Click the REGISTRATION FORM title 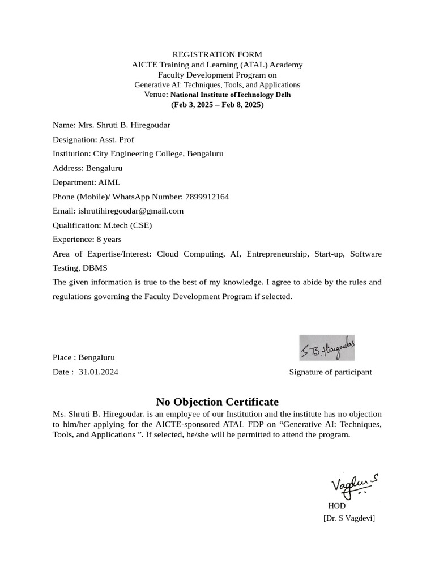[217, 54]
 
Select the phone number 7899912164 [207, 197]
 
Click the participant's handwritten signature [327, 348]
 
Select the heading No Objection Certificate [217, 402]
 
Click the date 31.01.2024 [99, 372]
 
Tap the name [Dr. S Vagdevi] [349, 518]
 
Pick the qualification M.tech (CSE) [127, 225]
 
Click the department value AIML [109, 182]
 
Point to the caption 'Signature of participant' [330, 372]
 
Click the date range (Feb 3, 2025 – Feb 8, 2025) [217, 105]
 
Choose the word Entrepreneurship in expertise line [278, 254]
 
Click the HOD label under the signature [336, 505]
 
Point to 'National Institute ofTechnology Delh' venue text [231, 95]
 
